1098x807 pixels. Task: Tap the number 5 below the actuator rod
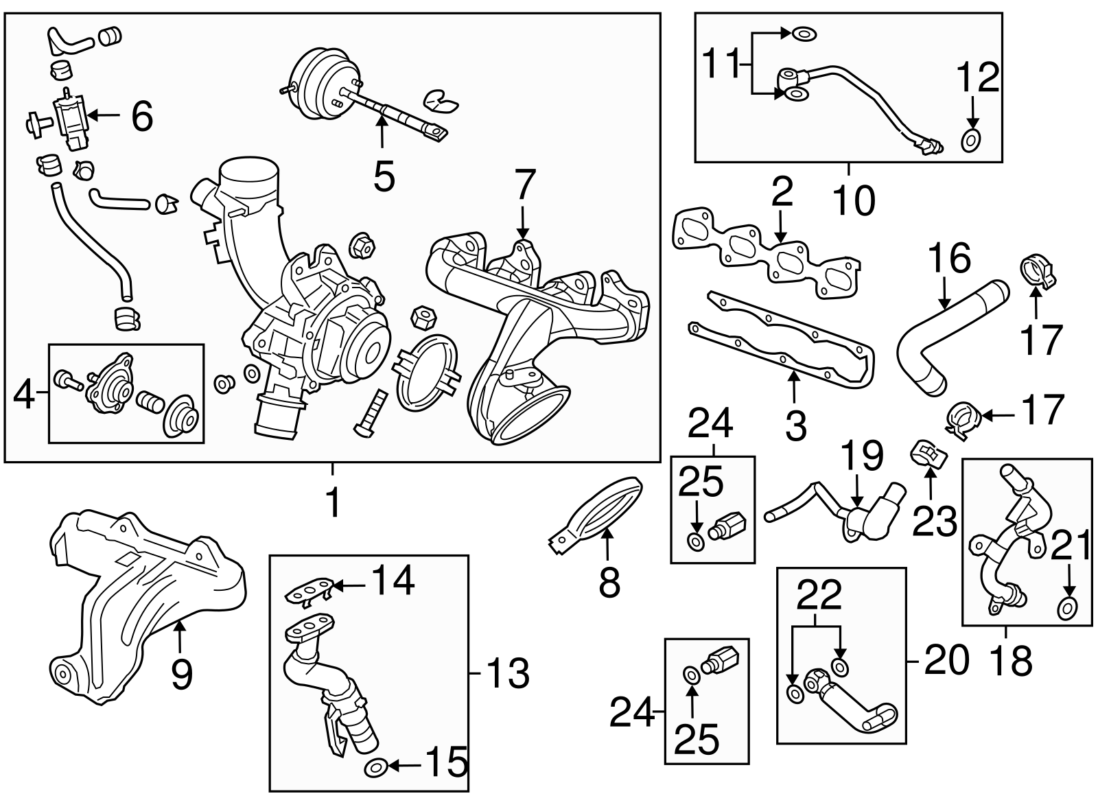(384, 177)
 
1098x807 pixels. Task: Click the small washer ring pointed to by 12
(970, 141)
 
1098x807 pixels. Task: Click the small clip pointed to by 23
(928, 454)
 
